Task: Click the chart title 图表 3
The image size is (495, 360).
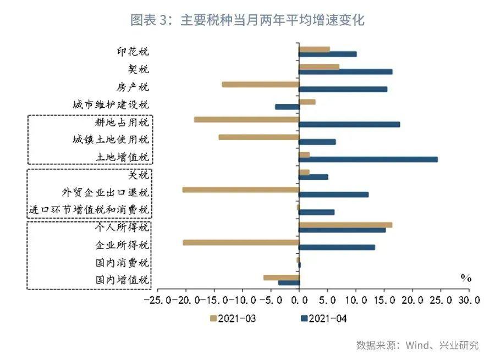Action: coord(248,20)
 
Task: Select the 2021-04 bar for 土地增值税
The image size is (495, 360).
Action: coord(368,159)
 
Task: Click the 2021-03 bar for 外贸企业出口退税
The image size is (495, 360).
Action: coord(240,190)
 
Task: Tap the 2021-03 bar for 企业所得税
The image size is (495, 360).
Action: coord(241,242)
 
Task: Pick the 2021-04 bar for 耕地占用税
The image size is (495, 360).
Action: coord(349,124)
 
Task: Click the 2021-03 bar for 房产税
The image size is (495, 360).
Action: coord(260,84)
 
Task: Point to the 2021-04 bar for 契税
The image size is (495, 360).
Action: coord(345,71)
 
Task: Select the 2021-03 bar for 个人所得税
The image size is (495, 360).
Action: coord(345,225)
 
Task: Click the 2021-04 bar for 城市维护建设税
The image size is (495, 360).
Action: coord(287,107)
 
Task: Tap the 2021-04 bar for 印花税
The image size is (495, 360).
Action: coord(327,54)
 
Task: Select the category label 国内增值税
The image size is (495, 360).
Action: coord(122,280)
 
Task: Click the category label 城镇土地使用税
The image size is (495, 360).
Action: coord(111,140)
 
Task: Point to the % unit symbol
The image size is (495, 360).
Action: coord(466,278)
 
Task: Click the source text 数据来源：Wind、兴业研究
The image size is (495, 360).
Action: coord(417,345)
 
